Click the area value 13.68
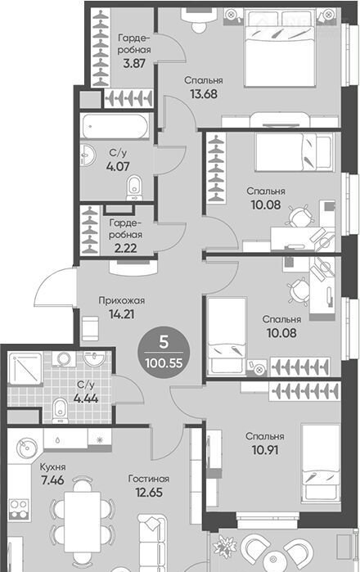[204, 94]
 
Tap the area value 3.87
[134, 63]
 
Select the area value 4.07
[118, 166]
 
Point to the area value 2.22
[126, 248]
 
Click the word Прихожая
[122, 300]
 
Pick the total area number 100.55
[164, 363]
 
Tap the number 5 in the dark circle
[164, 342]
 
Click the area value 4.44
[86, 398]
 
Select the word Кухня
[53, 467]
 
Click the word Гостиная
[149, 479]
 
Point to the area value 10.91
[265, 450]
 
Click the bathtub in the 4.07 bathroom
[115, 126]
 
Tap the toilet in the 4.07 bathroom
[134, 187]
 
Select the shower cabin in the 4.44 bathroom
[25, 368]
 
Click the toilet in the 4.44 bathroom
[61, 411]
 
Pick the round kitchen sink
[27, 448]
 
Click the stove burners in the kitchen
[18, 508]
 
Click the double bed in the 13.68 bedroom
[280, 48]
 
